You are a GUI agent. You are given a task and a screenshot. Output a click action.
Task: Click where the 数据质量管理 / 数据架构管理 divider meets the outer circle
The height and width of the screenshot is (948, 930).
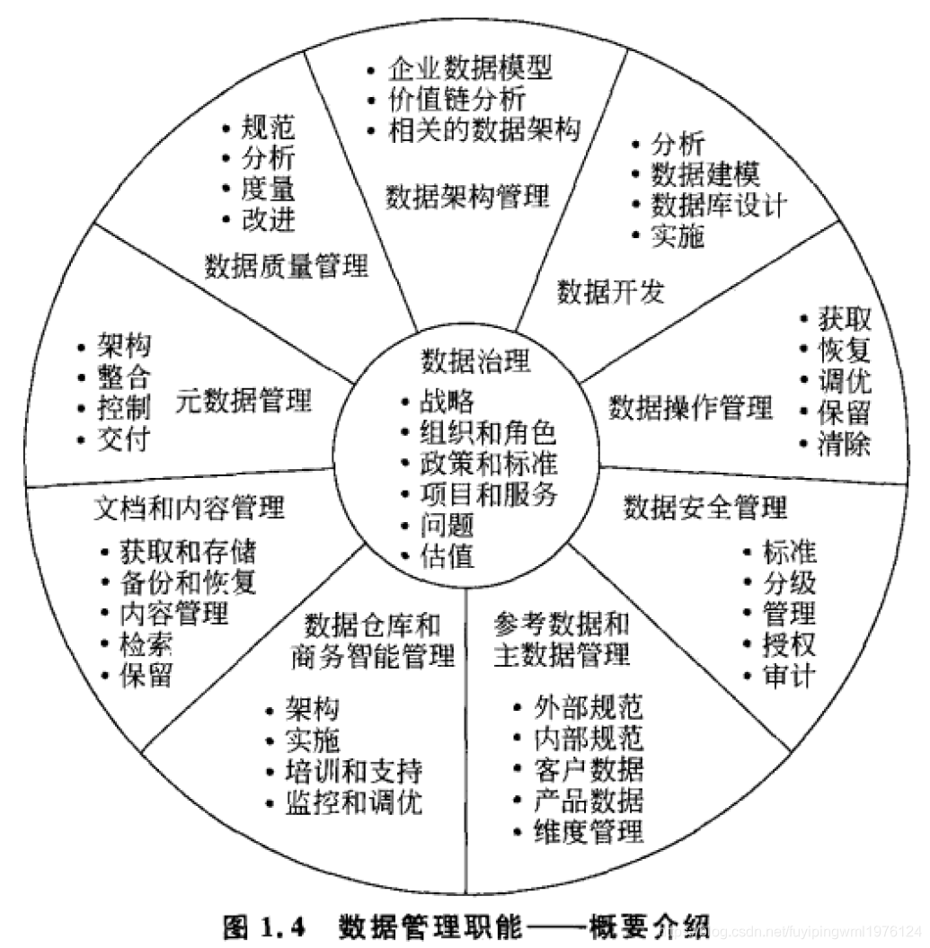point(304,51)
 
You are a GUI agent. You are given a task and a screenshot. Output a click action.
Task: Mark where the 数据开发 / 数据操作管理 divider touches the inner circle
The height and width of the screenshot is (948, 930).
point(580,382)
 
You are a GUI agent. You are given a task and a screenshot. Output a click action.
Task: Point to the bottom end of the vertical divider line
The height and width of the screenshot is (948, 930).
point(466,893)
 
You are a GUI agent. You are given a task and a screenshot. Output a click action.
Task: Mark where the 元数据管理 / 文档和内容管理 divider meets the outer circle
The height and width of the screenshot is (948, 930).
point(25,486)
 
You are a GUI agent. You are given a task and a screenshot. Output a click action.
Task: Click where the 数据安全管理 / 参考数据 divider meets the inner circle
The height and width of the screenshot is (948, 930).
point(569,544)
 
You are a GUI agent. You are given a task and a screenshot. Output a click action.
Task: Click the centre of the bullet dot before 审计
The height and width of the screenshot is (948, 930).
point(748,676)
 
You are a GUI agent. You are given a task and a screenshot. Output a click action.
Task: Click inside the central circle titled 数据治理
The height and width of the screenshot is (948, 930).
point(466,459)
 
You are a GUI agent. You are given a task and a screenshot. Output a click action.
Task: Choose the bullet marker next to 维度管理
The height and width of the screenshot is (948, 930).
point(517,832)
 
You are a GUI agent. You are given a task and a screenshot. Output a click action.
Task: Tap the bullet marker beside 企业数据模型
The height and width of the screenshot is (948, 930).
point(371,70)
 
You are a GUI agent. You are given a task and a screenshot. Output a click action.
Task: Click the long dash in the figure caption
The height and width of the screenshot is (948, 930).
point(555,926)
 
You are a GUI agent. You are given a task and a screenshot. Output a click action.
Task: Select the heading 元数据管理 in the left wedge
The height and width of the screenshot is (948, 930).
point(244,400)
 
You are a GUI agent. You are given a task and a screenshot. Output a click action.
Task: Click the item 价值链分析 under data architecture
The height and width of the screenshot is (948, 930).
point(456,99)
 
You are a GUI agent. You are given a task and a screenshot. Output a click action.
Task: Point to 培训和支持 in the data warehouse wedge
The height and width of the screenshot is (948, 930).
point(354,771)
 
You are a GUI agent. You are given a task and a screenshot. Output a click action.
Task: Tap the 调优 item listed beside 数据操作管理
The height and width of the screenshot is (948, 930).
point(844,381)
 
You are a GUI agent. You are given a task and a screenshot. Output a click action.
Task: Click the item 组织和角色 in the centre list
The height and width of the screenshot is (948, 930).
point(488,432)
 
